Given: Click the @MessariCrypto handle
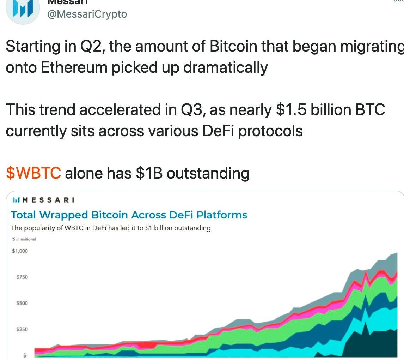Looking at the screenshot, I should click(x=87, y=14).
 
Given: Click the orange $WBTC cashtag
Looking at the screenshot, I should click(x=33, y=173).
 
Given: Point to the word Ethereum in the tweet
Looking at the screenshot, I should click(x=74, y=67).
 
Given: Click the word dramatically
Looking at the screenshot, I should click(x=225, y=67).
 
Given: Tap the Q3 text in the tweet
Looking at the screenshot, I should click(x=192, y=110).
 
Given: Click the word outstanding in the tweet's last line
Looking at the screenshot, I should click(x=208, y=173).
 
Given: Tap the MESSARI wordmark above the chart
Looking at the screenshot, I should click(x=48, y=200).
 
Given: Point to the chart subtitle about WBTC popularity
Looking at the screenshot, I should click(x=111, y=228).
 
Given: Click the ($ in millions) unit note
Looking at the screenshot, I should click(x=24, y=239).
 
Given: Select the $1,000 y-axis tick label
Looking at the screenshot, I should click(x=20, y=251).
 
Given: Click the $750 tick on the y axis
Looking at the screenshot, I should click(x=22, y=277).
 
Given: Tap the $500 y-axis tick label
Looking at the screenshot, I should click(x=22, y=303).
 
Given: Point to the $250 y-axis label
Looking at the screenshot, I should click(x=22, y=329).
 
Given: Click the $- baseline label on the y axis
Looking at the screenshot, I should click(x=25, y=355).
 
